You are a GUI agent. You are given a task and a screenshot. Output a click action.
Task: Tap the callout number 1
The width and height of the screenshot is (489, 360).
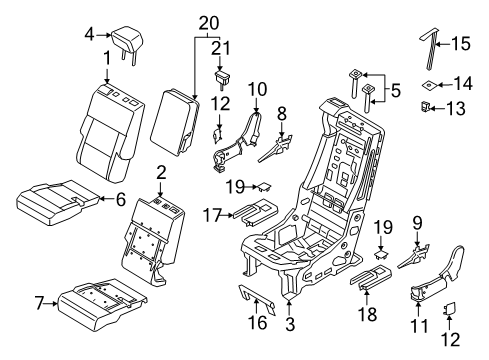click(106, 59)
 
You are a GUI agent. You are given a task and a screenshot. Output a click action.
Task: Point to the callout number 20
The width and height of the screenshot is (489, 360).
click(207, 21)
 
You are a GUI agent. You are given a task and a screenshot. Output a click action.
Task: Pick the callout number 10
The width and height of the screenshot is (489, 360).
click(257, 89)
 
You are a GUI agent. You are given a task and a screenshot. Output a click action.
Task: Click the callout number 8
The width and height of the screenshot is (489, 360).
click(282, 113)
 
